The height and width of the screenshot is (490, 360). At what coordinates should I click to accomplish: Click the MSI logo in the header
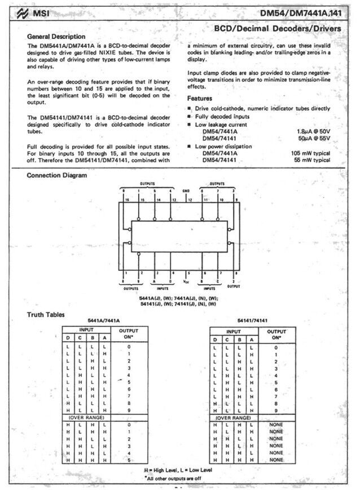(38, 12)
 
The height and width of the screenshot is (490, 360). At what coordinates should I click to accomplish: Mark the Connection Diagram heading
(57, 175)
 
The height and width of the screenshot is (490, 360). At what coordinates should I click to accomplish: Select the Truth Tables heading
(46, 315)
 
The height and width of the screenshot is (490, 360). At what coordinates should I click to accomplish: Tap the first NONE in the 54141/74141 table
(275, 424)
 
